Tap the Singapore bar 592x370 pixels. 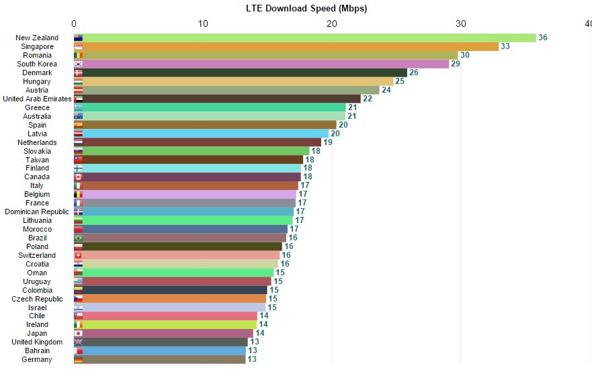(286, 46)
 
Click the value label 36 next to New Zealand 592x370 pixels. (543, 38)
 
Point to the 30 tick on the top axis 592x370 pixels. (460, 24)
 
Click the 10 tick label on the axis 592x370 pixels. (202, 24)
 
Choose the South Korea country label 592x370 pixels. (37, 64)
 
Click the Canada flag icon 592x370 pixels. (78, 177)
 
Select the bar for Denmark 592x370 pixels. (240, 73)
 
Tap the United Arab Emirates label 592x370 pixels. (37, 99)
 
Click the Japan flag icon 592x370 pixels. (78, 333)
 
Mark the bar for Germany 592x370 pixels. (159, 359)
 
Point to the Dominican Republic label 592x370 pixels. (37, 212)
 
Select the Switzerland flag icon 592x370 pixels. (78, 255)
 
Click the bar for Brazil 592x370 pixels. (179, 238)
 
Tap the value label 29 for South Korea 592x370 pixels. (456, 64)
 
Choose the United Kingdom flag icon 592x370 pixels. (78, 342)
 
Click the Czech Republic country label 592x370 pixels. (37, 299)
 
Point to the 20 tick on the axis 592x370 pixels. (331, 24)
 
